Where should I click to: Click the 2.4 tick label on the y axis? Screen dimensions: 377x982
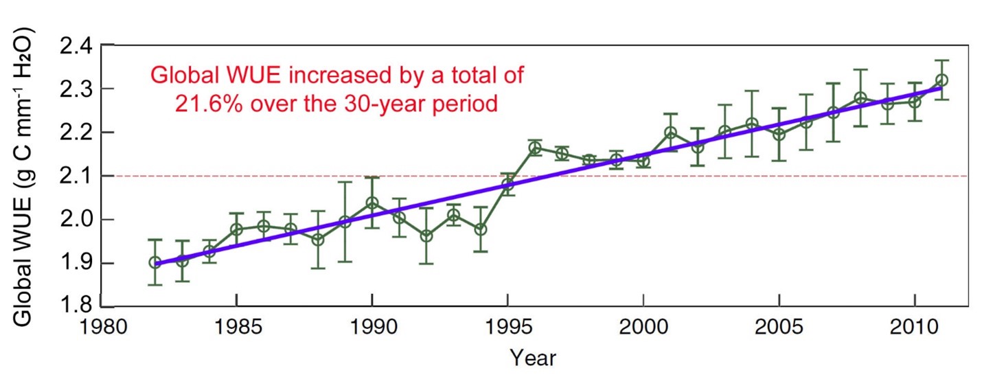coord(73,46)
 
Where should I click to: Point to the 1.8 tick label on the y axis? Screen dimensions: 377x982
coord(73,306)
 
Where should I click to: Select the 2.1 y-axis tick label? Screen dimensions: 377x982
coord(73,176)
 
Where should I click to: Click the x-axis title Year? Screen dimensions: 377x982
coord(532,357)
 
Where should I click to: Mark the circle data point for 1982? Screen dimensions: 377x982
coord(155,262)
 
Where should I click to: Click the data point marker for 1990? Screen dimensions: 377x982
coord(372,203)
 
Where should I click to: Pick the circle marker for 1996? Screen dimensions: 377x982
coord(534,148)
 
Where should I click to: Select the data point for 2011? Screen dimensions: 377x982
coord(941,80)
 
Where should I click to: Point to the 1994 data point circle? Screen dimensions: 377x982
coord(481,229)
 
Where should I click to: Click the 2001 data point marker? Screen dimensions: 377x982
coord(670,133)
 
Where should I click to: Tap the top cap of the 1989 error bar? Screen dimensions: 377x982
coord(345,182)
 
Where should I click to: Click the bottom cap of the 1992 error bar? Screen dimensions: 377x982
coord(426,264)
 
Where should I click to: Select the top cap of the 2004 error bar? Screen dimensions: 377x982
coord(751,91)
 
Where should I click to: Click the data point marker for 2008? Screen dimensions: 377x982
coord(860,98)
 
